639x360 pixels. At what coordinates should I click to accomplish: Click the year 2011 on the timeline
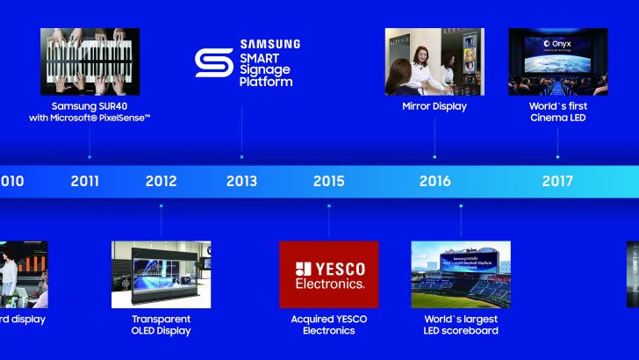click(x=85, y=182)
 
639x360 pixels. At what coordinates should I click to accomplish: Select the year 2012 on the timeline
click(x=161, y=182)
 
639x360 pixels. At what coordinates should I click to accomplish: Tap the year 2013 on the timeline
click(x=241, y=182)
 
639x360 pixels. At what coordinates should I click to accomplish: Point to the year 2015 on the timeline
click(x=328, y=182)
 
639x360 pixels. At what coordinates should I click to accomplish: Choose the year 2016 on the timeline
click(x=434, y=182)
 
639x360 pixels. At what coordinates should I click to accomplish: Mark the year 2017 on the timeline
click(x=557, y=182)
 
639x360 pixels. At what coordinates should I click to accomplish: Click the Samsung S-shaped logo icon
click(x=213, y=63)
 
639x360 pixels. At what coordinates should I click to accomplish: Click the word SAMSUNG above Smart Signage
click(x=269, y=44)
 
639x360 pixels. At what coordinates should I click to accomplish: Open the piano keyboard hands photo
click(x=90, y=61)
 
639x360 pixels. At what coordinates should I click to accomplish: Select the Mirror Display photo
click(x=434, y=61)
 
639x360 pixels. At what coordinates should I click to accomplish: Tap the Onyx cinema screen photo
click(x=557, y=61)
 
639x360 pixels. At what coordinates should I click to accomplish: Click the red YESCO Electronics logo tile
click(x=328, y=274)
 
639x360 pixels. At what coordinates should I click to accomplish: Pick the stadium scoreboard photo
click(x=460, y=274)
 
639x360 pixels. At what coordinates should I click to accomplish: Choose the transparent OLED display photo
click(x=161, y=274)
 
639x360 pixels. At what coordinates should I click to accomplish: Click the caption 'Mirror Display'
click(x=434, y=106)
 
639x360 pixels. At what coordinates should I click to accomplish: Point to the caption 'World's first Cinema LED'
click(x=557, y=112)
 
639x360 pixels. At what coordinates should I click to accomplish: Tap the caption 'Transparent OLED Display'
click(x=161, y=325)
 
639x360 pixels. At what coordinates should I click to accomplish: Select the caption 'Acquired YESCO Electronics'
click(x=328, y=325)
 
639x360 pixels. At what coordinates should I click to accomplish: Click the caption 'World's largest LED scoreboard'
click(x=460, y=325)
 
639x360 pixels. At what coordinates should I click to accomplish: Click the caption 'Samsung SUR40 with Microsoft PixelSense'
click(x=90, y=112)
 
